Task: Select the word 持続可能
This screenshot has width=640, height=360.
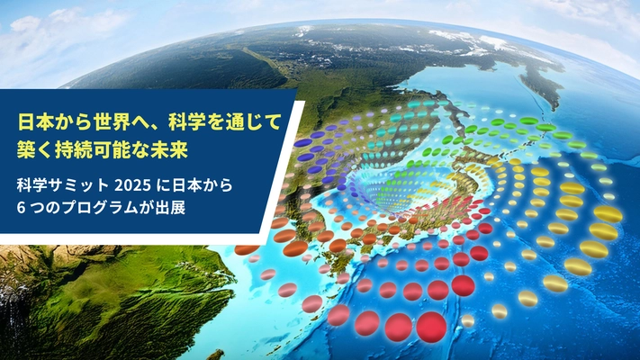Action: coord(104,144)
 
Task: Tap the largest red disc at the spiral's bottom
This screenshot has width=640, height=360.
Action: coord(430,325)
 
